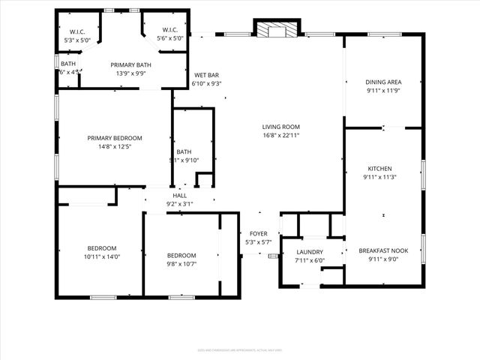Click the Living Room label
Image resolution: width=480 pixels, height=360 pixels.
click(280, 127)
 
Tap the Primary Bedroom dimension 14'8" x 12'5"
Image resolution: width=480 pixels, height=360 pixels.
click(115, 147)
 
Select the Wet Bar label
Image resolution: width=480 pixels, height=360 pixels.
click(206, 75)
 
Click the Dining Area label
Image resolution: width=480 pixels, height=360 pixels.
click(384, 82)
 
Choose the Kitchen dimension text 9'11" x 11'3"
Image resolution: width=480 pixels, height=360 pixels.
click(379, 177)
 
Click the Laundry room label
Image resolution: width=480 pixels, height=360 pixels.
click(310, 252)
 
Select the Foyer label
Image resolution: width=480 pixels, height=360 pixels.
click(258, 233)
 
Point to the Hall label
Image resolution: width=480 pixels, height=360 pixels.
click(180, 195)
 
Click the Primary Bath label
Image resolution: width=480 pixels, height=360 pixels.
click(130, 65)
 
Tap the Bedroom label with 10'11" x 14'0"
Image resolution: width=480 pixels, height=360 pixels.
click(102, 248)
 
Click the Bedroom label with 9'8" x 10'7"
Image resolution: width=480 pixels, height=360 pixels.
click(181, 255)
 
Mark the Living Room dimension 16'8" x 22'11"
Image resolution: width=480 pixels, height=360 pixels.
click(280, 136)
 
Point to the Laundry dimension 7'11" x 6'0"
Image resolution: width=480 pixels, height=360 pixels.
click(310, 261)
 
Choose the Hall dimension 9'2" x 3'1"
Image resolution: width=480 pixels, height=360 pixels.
click(180, 203)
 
